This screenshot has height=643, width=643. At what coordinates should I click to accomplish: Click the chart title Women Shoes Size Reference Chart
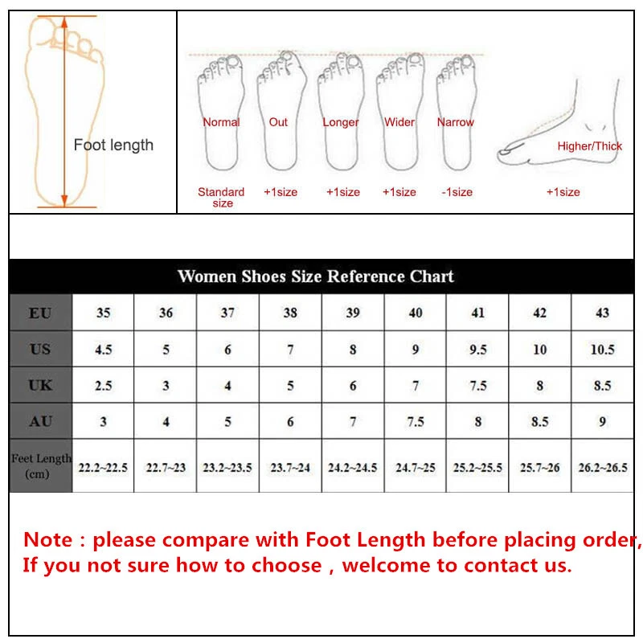coord(315,276)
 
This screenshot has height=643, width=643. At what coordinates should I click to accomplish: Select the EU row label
coord(40,313)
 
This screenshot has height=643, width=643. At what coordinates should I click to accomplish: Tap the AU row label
coord(40,421)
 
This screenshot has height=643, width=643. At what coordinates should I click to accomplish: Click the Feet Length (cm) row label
coord(41,465)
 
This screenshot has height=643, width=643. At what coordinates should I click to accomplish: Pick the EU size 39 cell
coord(353,313)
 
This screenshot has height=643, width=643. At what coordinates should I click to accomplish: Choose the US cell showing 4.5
coord(103,349)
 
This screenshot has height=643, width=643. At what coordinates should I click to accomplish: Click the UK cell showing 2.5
coord(103,385)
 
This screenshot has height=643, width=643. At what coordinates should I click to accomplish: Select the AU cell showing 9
coord(602,421)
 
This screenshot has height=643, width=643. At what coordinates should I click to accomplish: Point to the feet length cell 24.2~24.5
coord(352,466)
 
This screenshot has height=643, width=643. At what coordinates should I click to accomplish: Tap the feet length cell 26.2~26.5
coord(602,466)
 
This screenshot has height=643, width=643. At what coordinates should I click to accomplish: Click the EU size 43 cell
coord(602,313)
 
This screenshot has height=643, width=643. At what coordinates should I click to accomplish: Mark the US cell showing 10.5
coord(602,349)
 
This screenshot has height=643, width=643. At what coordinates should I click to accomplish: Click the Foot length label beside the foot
coord(113,145)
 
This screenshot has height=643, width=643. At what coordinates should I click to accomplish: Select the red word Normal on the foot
coord(221,122)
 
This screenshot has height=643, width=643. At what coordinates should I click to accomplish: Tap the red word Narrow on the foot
coord(456,122)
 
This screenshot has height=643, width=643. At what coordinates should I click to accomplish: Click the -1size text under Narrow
coord(457,192)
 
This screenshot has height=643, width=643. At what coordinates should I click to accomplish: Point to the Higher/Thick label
coord(590,146)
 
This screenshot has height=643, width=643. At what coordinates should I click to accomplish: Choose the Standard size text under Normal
coord(221,197)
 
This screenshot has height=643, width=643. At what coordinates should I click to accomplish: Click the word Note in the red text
coord(49,539)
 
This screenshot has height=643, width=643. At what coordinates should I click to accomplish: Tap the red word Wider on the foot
coord(399,122)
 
